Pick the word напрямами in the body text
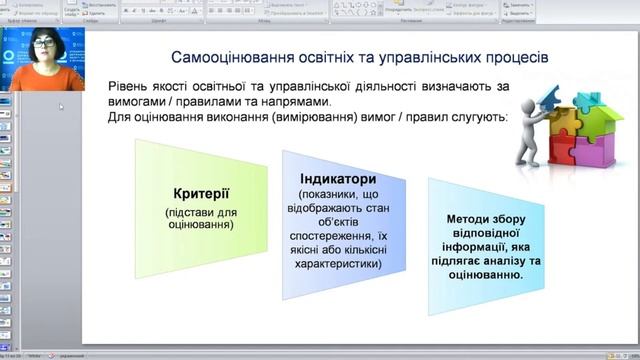tap(285, 102)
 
